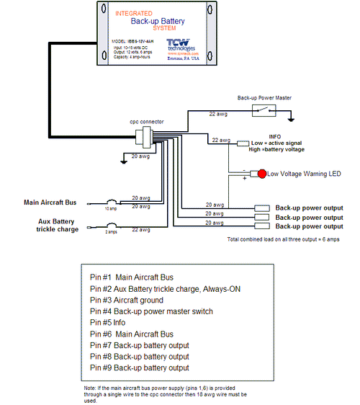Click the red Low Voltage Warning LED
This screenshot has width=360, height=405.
[x=263, y=174]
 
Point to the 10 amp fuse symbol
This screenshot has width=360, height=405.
[x=112, y=202]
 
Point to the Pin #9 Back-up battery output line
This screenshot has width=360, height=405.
[x=139, y=368]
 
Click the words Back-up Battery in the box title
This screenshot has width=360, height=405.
[x=155, y=21]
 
